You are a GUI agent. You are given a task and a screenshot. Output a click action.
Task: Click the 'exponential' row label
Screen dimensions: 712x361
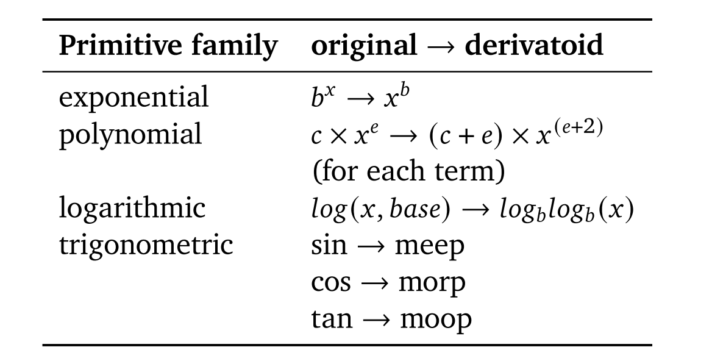click(x=133, y=98)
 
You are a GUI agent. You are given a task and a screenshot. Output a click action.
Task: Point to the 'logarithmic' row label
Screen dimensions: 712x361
click(x=133, y=208)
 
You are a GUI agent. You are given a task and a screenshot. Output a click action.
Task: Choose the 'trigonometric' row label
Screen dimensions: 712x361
click(x=146, y=245)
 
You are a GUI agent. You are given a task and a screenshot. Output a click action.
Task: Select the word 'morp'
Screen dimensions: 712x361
click(x=432, y=282)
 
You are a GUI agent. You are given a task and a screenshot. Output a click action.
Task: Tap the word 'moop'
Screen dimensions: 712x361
click(x=435, y=319)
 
